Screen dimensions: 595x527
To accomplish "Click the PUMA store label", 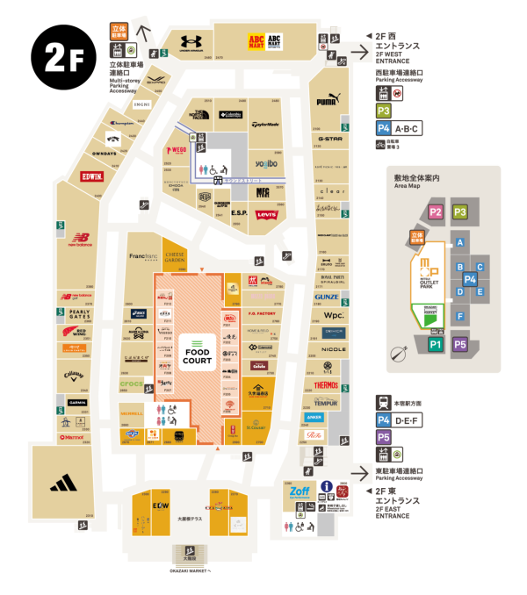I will click(x=328, y=101).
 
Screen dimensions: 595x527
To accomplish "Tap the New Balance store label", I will click(x=82, y=239).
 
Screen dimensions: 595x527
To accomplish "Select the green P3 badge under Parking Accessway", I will click(x=383, y=111).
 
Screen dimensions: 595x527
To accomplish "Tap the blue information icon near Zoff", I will click(x=325, y=486).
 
